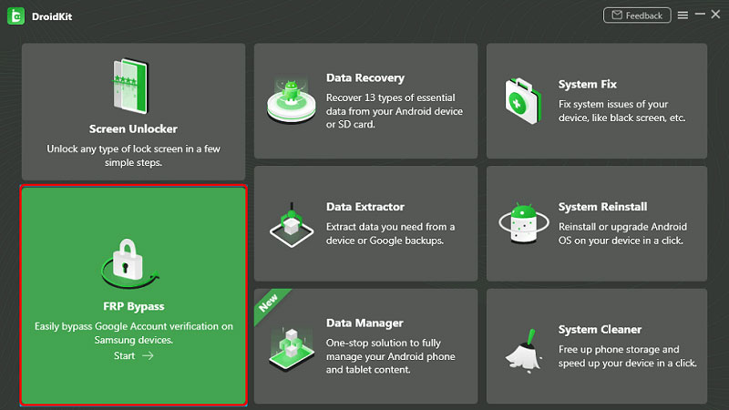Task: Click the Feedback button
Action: tap(637, 15)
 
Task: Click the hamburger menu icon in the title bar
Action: tap(683, 15)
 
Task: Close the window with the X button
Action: tap(716, 15)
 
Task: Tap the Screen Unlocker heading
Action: tap(133, 128)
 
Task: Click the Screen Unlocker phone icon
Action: tap(133, 87)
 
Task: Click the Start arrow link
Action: tap(134, 355)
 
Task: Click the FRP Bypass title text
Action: tap(134, 306)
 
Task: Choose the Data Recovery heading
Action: tap(364, 78)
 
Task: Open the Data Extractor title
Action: tap(364, 207)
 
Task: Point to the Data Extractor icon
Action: tap(292, 221)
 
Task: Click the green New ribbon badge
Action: tap(270, 303)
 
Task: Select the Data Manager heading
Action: tap(364, 323)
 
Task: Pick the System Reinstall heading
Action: tap(602, 207)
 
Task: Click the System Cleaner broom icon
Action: tap(524, 345)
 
